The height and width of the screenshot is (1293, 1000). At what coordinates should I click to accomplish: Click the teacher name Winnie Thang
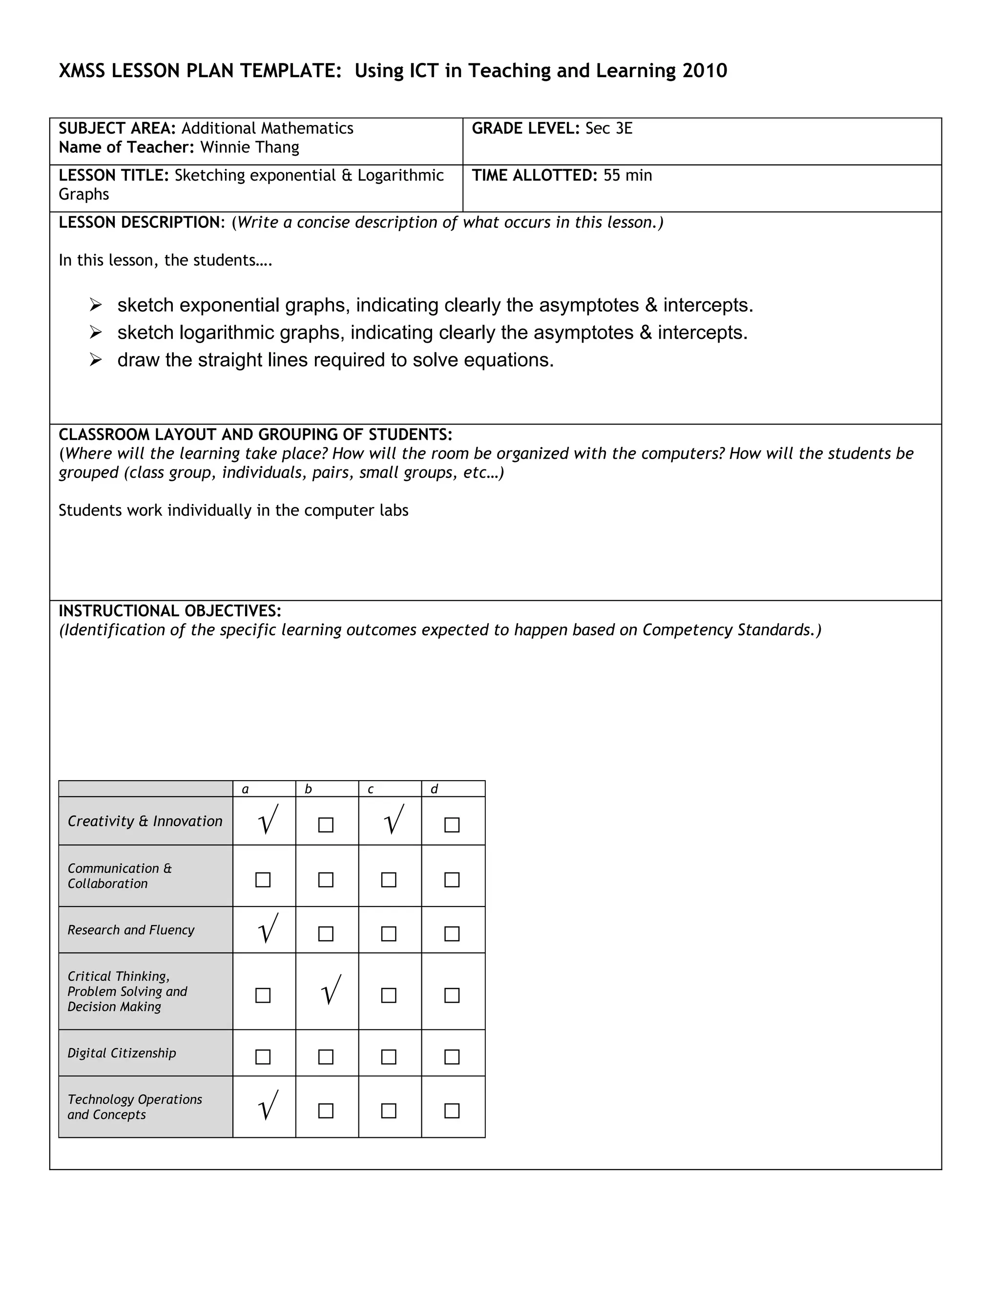[x=250, y=147]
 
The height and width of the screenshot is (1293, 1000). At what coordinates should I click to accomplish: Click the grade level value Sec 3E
[x=608, y=128]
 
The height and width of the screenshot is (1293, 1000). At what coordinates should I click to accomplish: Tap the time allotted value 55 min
[x=627, y=176]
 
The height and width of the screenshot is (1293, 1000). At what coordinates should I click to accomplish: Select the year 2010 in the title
[x=705, y=71]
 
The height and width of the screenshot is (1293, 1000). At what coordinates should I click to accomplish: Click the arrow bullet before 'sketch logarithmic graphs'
[x=95, y=333]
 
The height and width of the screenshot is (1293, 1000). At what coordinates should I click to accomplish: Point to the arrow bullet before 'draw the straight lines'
[x=95, y=360]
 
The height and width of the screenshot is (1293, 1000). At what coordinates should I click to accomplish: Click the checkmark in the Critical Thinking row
[x=331, y=990]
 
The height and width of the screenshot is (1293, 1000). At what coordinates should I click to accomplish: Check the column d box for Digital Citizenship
[x=452, y=1057]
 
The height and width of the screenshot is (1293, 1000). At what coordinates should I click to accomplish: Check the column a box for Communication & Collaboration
[x=263, y=880]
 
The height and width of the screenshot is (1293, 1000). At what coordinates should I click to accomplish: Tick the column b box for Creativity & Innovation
[x=326, y=825]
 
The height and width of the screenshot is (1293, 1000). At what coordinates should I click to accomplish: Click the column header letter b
[x=308, y=789]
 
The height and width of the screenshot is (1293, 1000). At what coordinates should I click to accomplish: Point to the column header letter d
[x=434, y=789]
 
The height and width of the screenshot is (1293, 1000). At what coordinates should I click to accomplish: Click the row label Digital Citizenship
[x=122, y=1053]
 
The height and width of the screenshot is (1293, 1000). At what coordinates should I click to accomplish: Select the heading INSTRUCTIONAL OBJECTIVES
[x=169, y=611]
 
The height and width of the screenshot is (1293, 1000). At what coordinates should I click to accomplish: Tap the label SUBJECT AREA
[x=117, y=128]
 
